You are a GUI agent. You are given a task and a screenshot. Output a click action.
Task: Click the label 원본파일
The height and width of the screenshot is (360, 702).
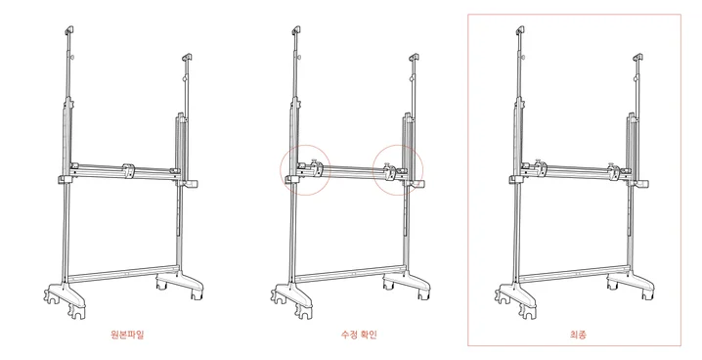point(128,334)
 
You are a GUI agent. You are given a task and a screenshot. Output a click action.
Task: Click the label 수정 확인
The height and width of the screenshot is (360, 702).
point(359,334)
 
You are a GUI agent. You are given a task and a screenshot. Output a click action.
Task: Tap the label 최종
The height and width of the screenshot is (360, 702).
point(578,334)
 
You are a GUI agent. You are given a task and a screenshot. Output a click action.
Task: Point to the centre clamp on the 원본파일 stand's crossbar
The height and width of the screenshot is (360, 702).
point(128,170)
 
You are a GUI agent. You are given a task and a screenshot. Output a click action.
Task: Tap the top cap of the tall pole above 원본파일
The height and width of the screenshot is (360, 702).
point(69,30)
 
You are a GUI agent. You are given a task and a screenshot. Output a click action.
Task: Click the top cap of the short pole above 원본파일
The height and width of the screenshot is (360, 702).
point(187,58)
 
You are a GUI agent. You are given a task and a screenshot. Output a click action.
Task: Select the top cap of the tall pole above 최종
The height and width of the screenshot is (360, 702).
point(520,30)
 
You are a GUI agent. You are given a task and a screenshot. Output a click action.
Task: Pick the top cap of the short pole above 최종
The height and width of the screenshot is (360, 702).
point(637,58)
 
